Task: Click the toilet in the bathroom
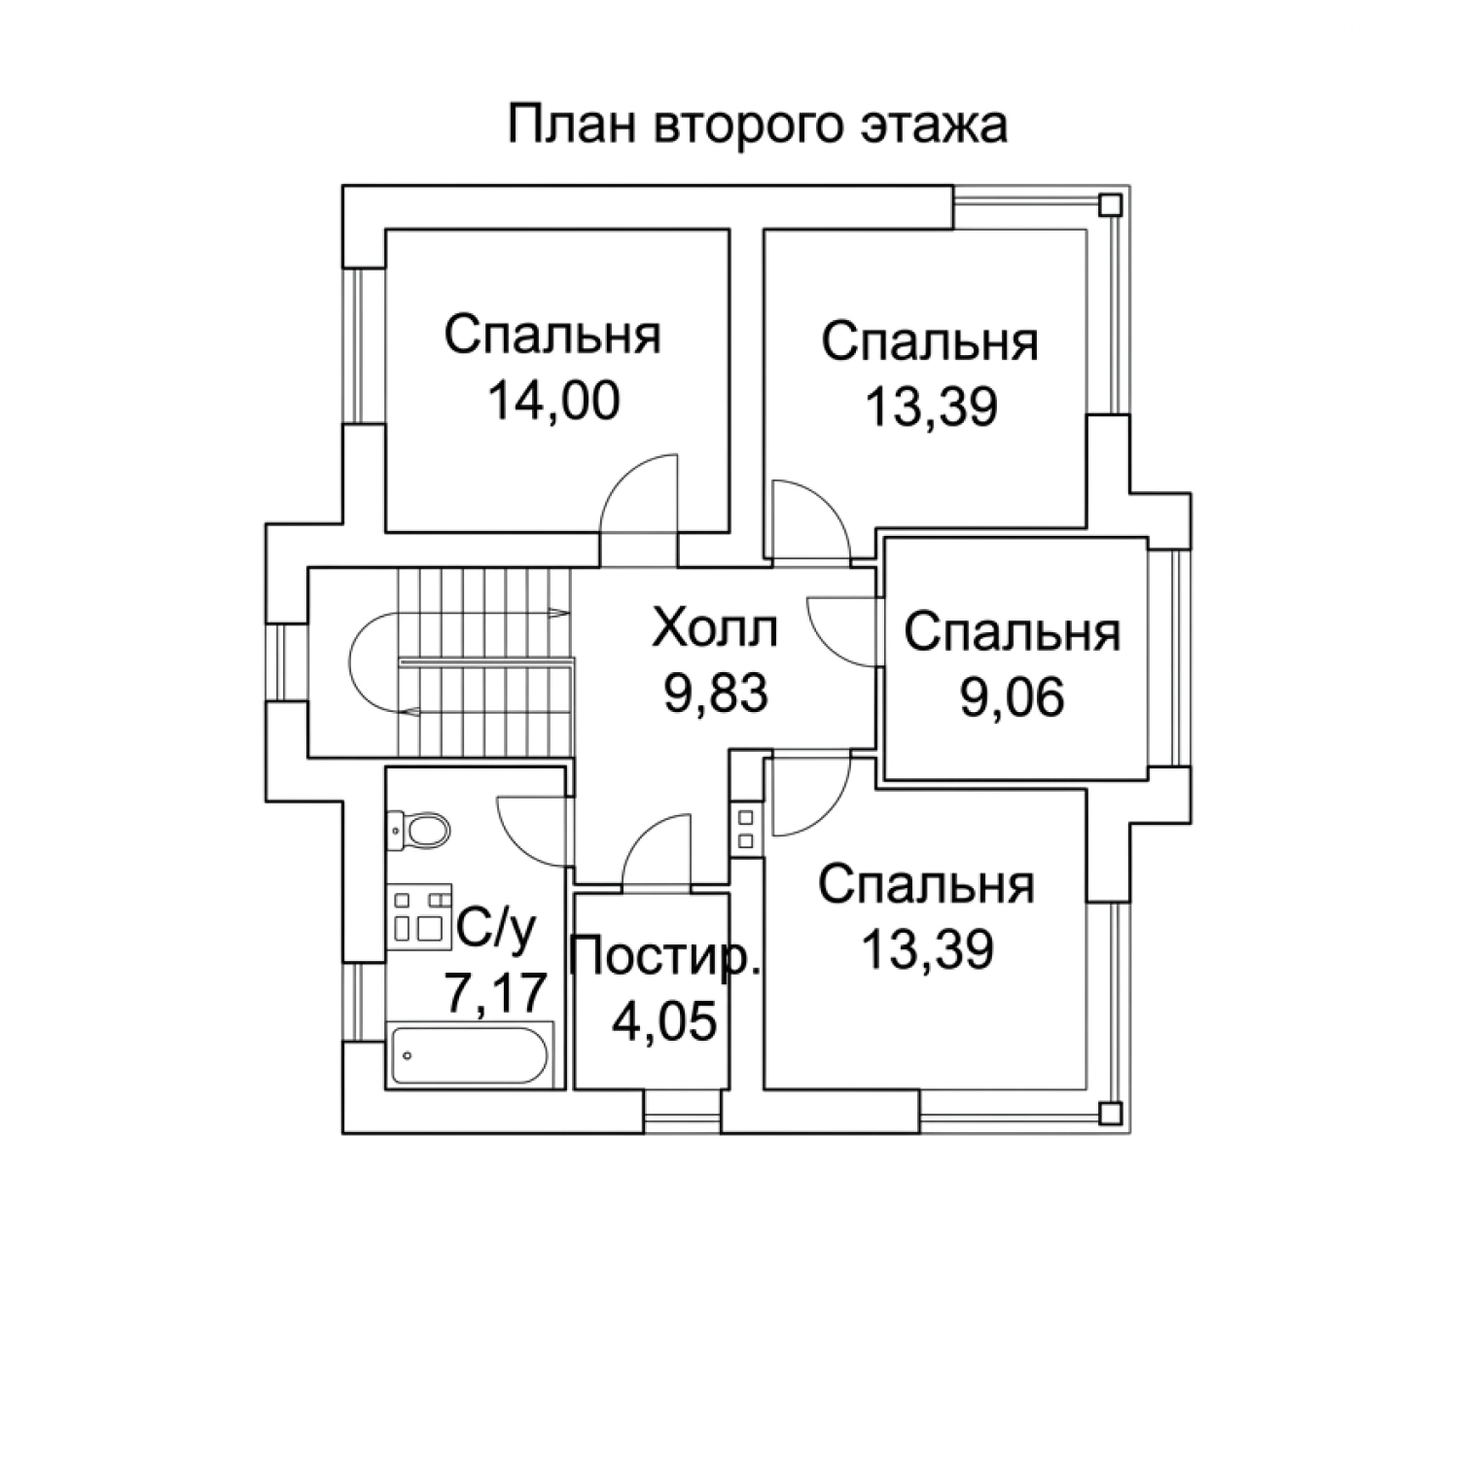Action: (420, 830)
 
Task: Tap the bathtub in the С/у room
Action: (471, 1053)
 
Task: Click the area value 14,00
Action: (553, 400)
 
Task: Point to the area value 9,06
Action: (1012, 696)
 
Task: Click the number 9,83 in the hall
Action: (716, 693)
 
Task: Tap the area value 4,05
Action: (664, 1021)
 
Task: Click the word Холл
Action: (716, 628)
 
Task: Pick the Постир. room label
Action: (664, 958)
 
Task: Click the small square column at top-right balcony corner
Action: (1110, 205)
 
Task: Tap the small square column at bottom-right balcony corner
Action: (1110, 1113)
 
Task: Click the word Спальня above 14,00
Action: (553, 336)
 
